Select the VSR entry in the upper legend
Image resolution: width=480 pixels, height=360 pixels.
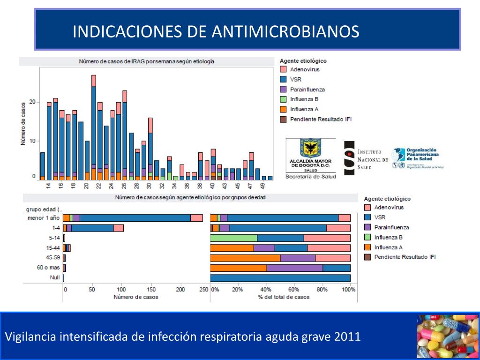[x=296, y=79]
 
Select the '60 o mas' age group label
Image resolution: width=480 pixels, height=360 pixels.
[x=48, y=268]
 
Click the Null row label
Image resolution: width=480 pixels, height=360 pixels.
[x=54, y=277]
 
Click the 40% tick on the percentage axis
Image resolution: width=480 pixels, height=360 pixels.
[x=266, y=290]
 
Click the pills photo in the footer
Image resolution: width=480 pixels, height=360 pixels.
[x=447, y=336]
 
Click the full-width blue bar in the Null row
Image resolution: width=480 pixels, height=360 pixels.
[x=280, y=278]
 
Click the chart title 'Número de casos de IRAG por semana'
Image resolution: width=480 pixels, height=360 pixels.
[x=146, y=61]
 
